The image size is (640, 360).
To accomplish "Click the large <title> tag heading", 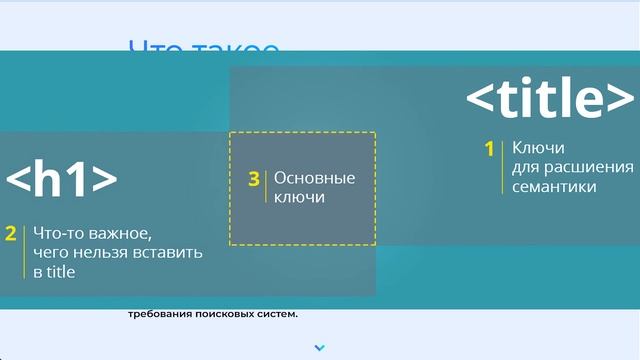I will pos(550,100).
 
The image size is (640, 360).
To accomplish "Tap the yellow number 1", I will pos(490,149).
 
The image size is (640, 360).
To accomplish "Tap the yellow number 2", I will pos(11,234).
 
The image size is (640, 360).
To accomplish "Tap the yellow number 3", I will pos(254,179).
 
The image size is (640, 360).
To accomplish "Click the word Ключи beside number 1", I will pos(532,149).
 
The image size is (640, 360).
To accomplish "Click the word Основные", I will pos(315,179).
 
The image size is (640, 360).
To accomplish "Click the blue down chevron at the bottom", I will pos(320,348).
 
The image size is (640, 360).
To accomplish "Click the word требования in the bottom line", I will pos(159,315).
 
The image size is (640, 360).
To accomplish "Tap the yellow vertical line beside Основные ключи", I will pos(266,188).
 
